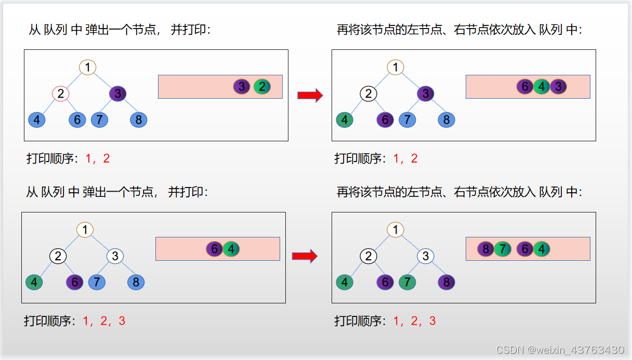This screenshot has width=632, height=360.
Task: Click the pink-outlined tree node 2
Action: click(x=61, y=94)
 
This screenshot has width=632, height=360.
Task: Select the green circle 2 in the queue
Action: click(x=262, y=87)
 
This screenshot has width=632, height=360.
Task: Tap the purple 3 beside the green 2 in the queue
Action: click(x=242, y=87)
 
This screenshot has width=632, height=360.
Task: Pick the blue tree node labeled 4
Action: click(x=37, y=120)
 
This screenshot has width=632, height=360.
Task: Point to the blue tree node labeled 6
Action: click(x=77, y=120)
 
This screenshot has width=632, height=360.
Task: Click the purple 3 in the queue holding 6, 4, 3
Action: click(x=558, y=87)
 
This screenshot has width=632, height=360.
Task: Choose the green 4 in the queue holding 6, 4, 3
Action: click(x=542, y=87)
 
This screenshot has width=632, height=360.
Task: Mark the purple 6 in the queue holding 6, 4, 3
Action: click(x=525, y=87)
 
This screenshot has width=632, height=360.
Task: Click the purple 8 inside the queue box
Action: click(x=485, y=249)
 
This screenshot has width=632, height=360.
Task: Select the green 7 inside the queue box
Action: click(x=503, y=249)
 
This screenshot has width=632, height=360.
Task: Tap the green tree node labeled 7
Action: click(x=407, y=282)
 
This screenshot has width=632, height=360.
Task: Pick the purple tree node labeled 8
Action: click(x=446, y=282)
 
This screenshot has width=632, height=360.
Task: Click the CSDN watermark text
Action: click(x=560, y=350)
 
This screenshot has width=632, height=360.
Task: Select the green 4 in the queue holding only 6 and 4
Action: click(x=231, y=249)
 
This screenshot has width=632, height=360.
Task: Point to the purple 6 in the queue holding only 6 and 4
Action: click(x=215, y=249)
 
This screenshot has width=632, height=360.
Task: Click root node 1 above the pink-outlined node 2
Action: click(x=87, y=68)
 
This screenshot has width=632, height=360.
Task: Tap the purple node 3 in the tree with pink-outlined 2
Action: click(x=117, y=94)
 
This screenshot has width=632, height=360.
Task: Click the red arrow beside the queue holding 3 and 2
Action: click(x=310, y=95)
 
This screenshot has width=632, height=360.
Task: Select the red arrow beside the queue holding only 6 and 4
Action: click(x=305, y=256)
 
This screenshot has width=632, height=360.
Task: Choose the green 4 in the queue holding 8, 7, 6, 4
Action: click(x=542, y=249)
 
